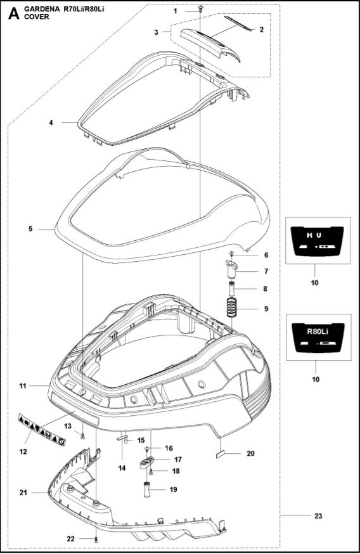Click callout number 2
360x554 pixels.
(x=261, y=30)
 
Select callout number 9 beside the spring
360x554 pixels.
(x=266, y=309)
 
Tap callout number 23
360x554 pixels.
(x=318, y=515)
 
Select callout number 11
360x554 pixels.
(x=22, y=385)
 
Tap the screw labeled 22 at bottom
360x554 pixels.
(x=96, y=538)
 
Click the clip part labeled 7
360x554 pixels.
(x=231, y=271)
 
